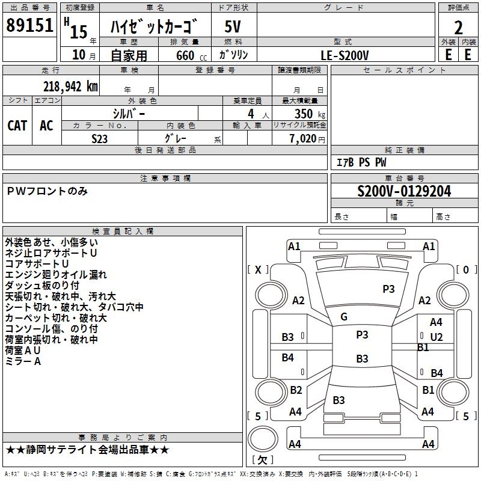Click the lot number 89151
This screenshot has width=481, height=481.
point(29,26)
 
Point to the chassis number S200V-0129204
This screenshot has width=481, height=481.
point(404,192)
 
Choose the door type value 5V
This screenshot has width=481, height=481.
point(233,26)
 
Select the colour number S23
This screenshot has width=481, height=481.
point(100,138)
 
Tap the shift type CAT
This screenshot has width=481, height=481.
point(17,125)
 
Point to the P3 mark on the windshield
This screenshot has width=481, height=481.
point(388,289)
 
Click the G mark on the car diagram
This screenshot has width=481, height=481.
point(344,317)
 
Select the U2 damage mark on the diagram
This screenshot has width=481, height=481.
point(436,337)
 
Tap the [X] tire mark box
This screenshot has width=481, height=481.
point(259,269)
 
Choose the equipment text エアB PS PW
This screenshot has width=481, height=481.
point(361,162)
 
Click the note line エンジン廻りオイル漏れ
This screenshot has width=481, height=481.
point(56,275)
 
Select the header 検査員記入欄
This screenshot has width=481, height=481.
point(123,231)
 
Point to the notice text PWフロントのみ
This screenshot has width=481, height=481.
point(47,191)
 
